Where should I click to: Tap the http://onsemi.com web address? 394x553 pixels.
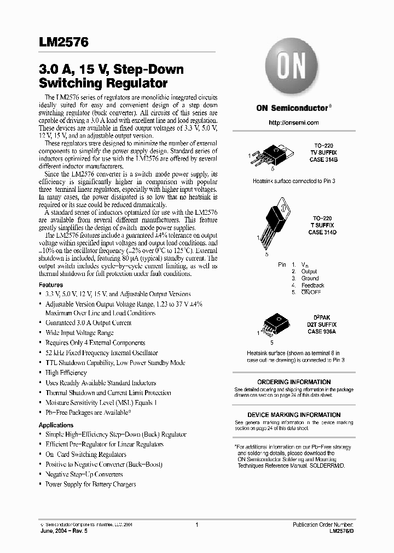tap(293, 123)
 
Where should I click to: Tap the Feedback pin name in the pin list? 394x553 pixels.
tap(312, 285)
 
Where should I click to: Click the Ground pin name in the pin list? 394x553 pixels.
tap(310, 278)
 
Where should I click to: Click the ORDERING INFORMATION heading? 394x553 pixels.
tap(294, 382)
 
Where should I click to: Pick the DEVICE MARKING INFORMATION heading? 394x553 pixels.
tap(294, 415)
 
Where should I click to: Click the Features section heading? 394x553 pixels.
tap(50, 285)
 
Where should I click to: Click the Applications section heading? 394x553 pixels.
tap(56, 425)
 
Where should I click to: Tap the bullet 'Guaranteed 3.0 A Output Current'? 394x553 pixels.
tap(88, 323)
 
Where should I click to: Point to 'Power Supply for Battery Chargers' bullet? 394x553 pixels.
tap(90, 484)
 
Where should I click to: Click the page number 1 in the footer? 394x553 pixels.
tap(196, 525)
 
